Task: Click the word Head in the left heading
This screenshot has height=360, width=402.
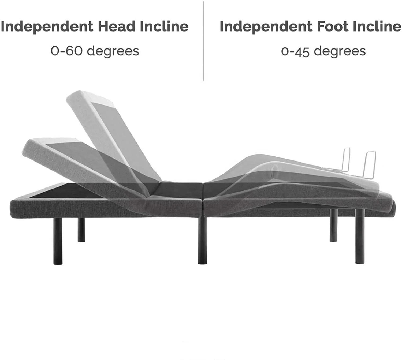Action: [x=117, y=27]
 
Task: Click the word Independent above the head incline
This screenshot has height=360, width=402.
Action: [x=47, y=27]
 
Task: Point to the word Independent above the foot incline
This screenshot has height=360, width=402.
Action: [x=266, y=27]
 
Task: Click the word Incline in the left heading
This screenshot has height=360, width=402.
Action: [x=164, y=27]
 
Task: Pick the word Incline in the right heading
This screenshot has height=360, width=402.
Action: [x=377, y=27]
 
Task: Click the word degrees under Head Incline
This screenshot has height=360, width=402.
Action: [x=113, y=51]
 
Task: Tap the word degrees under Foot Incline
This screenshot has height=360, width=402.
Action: [x=340, y=51]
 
